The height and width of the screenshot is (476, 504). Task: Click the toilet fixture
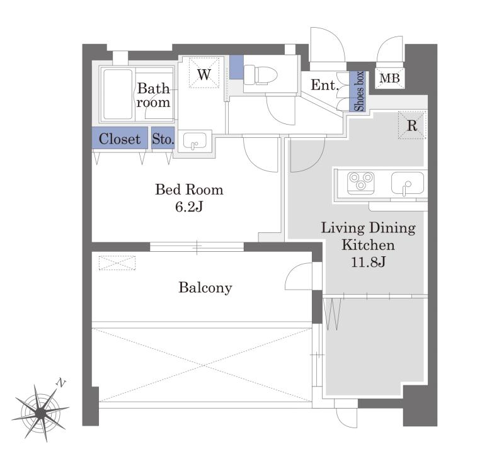(261, 75)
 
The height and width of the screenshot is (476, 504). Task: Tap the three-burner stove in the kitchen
(361, 183)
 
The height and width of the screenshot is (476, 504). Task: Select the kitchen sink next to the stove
(408, 184)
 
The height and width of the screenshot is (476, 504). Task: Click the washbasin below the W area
(195, 141)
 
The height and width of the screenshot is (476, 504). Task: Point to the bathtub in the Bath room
(118, 94)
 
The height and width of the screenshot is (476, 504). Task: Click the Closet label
(120, 139)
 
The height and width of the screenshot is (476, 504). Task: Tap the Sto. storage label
(163, 139)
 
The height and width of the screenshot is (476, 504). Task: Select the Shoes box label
(359, 91)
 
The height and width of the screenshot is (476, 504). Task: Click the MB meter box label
(389, 78)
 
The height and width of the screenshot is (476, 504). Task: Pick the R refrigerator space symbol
(412, 125)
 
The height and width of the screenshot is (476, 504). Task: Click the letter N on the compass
(60, 383)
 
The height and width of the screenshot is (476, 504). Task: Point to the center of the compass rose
(41, 412)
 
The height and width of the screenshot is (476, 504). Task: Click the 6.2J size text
(189, 207)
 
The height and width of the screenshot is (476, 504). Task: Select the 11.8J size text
(368, 262)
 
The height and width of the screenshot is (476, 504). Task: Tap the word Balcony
(205, 288)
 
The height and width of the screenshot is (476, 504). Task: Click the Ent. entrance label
(324, 85)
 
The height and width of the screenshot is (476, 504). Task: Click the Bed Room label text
(189, 190)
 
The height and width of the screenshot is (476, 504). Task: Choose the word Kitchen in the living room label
(368, 245)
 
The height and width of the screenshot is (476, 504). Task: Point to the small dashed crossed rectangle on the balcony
(117, 263)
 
